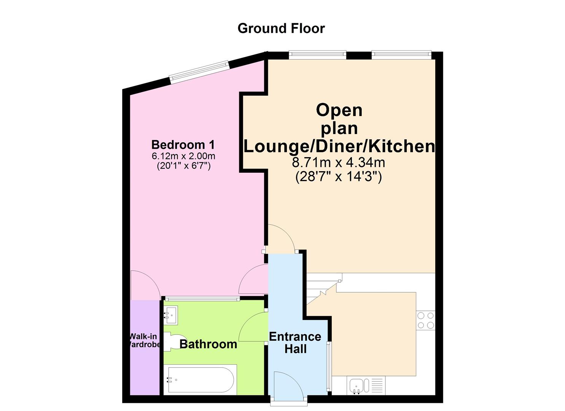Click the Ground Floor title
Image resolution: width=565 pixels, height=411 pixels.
tap(281, 29)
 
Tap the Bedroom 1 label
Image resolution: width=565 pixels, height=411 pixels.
tap(183, 145)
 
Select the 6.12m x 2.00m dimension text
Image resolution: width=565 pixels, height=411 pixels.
tap(183, 156)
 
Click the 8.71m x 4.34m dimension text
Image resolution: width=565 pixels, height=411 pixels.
tap(338, 162)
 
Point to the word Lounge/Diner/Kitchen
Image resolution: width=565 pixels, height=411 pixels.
tap(339, 146)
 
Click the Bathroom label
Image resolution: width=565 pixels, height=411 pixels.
tap(208, 344)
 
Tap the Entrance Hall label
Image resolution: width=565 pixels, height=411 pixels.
tap(295, 342)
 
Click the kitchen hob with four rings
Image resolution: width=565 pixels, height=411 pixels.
tap(425, 320)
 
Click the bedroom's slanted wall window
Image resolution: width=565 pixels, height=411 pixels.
tap(199, 72)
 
